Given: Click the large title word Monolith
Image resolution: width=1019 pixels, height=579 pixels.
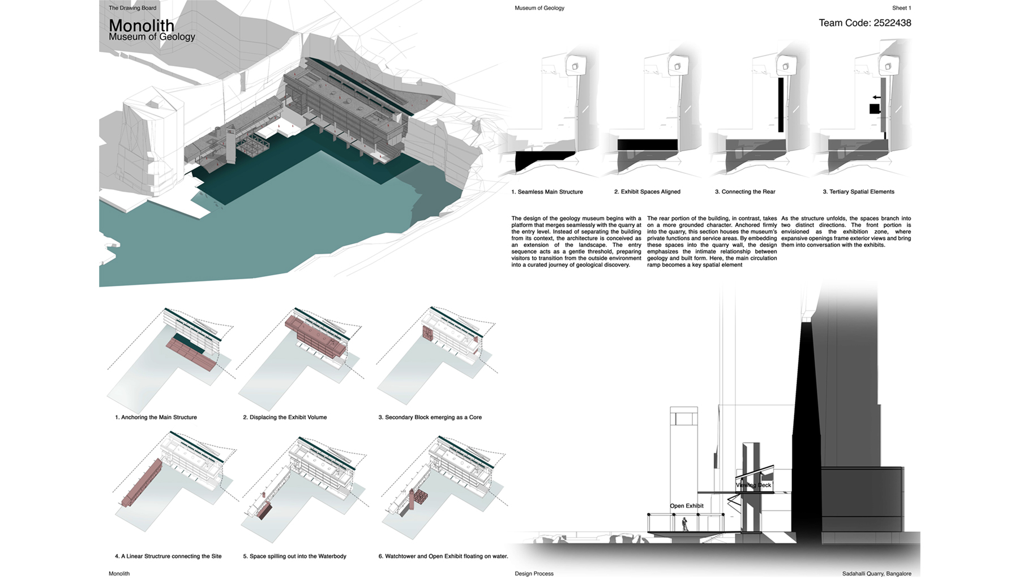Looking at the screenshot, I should click(141, 25).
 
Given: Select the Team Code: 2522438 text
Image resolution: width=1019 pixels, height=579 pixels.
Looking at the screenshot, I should click(864, 23).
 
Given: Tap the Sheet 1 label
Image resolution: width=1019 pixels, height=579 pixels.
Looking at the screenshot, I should click(901, 8).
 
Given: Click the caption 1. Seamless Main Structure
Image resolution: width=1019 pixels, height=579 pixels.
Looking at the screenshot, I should click(547, 192).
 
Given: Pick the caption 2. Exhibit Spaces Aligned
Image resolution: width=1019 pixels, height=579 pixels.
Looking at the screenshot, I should click(647, 192).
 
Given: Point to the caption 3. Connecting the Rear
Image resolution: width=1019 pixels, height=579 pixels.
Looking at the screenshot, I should click(745, 192).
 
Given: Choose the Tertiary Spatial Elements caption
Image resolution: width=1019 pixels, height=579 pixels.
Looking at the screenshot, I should click(858, 192).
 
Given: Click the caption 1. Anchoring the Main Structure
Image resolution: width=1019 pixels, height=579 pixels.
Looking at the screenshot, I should click(156, 418).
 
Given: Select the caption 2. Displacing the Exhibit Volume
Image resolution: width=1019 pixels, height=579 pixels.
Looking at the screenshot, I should click(285, 418).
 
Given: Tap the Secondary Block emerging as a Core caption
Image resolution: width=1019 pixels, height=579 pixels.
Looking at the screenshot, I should click(430, 418).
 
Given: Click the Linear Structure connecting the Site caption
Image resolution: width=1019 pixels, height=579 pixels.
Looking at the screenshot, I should click(168, 556).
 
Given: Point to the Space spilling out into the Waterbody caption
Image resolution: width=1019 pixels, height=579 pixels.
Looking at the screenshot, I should click(294, 556).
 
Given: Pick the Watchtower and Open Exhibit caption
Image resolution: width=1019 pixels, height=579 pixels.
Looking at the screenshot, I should click(443, 556).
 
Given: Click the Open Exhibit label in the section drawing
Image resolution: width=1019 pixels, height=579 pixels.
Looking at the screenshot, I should click(686, 506).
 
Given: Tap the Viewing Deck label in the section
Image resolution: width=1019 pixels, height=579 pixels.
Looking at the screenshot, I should click(753, 485).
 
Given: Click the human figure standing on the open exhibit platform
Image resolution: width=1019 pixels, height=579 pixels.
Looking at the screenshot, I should click(685, 524).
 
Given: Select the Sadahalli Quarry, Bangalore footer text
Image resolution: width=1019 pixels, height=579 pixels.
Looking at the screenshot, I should click(876, 574).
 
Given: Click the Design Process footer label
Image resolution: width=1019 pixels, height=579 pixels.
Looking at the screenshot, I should click(534, 574).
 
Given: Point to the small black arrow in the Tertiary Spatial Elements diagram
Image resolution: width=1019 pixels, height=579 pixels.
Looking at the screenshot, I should click(876, 97).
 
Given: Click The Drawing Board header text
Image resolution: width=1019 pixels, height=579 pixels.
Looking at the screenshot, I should click(132, 8).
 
